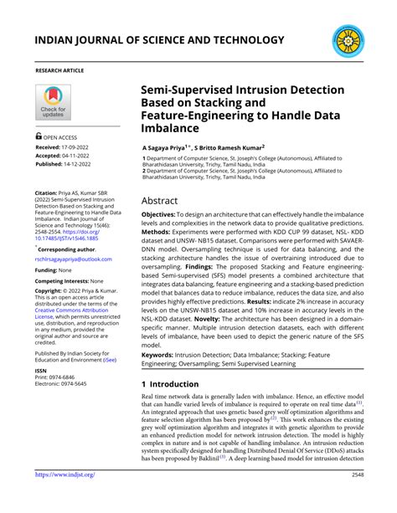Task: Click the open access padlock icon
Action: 39,136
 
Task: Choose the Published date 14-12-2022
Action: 86,165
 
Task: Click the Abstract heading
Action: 159,201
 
